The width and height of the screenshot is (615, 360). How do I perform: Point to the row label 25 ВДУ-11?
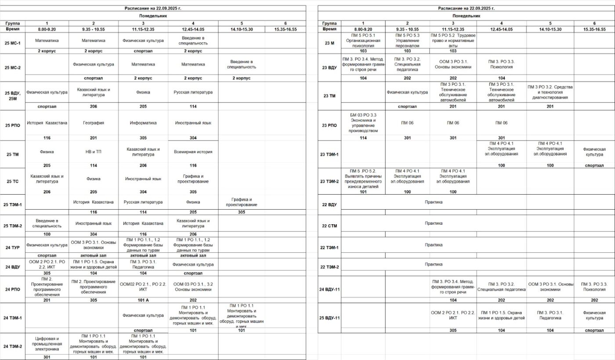click(329, 317)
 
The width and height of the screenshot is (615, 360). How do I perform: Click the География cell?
click(93, 123)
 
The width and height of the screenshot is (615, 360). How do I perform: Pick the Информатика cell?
click(143, 123)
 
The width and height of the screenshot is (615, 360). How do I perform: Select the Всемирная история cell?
click(193, 152)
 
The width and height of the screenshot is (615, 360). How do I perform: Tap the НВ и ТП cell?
click(93, 152)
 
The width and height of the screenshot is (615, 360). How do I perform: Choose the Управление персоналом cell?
click(407, 40)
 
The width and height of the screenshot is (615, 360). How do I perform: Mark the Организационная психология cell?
click(363, 40)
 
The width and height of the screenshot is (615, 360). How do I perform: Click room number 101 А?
click(143, 300)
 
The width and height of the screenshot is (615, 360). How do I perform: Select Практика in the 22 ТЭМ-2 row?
click(433, 264)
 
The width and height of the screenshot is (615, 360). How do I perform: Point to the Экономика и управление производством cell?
click(363, 123)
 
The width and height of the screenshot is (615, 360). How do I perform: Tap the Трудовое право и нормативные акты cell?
click(452, 40)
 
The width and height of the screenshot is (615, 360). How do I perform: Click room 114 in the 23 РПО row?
click(363, 138)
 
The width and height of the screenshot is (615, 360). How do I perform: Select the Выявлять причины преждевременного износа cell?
click(363, 178)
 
